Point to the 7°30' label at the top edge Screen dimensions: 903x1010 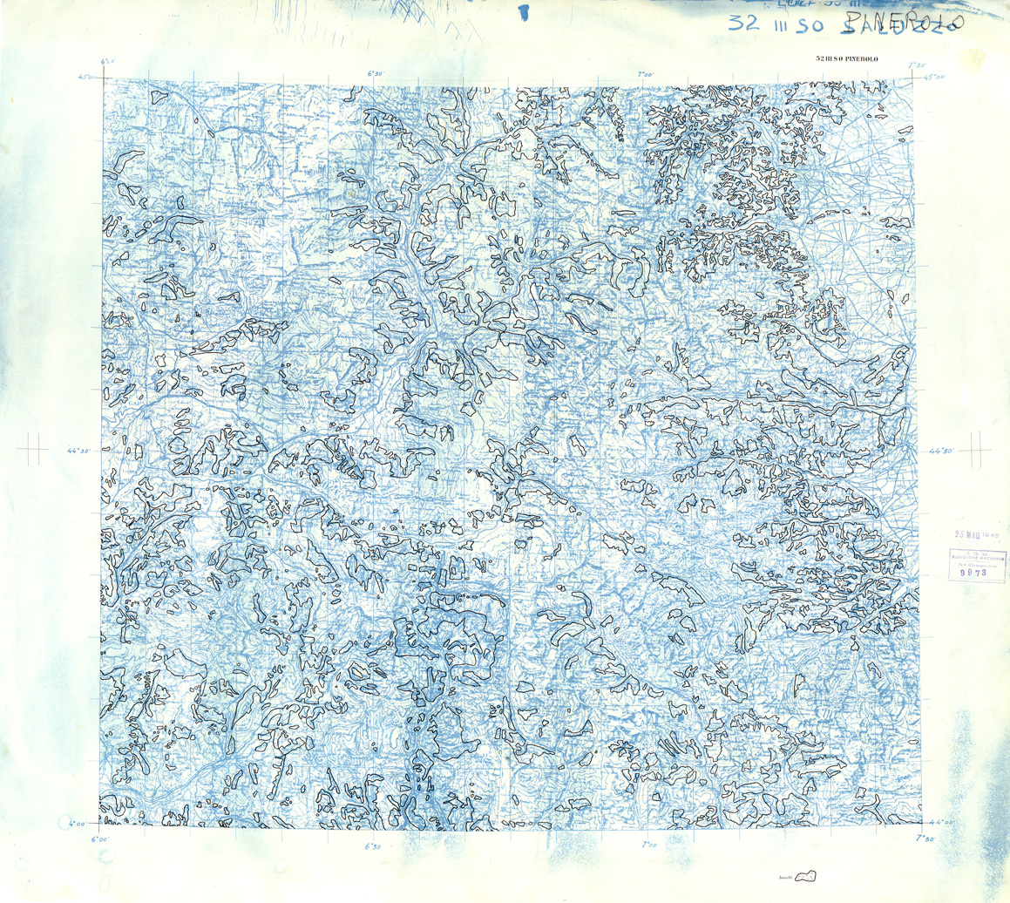click(x=916, y=64)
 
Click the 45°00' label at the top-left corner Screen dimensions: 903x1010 click(x=85, y=77)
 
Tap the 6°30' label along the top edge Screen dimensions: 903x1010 click(x=374, y=74)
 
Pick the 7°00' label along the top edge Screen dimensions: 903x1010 click(x=646, y=74)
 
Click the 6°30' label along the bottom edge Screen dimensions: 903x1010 click(x=374, y=845)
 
